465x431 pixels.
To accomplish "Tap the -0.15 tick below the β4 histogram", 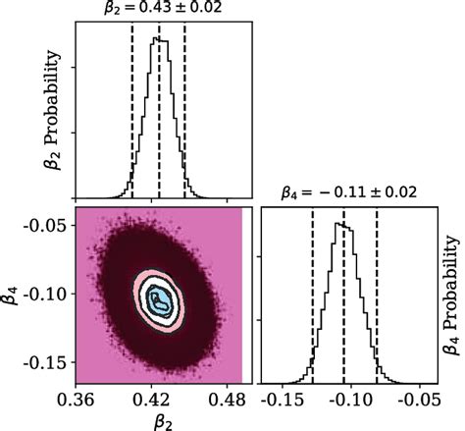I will pos(283,401).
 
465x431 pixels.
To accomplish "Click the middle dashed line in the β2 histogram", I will pos(159,108).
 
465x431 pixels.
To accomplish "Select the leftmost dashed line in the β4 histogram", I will pos(313,295).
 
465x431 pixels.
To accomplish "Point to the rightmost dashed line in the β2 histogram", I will pos(185,108).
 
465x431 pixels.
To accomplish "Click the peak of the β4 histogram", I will pos(340,225).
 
